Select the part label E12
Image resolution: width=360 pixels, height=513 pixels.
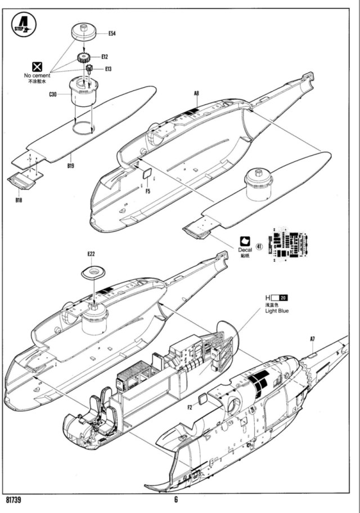pyautogui.click(x=105, y=57)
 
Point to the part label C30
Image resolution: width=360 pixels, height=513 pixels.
pyautogui.click(x=53, y=95)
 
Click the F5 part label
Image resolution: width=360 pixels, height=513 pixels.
pyautogui.click(x=148, y=191)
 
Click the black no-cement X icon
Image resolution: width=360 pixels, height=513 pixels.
pyautogui.click(x=38, y=66)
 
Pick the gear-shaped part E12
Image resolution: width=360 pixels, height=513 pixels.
pyautogui.click(x=85, y=57)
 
